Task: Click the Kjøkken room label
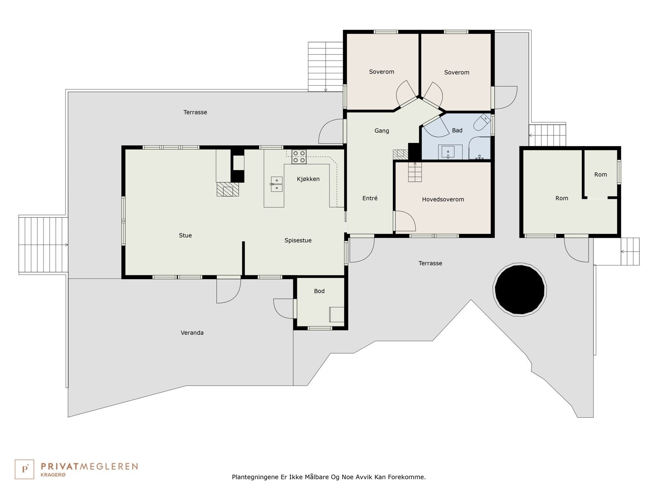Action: [x=308, y=179]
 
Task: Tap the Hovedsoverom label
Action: [x=443, y=200]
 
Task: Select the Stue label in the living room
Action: [x=185, y=235]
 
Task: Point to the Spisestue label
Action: [x=298, y=240]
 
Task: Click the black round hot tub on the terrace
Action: [x=519, y=289]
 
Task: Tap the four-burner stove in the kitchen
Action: [x=299, y=156]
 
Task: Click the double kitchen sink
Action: [x=276, y=184]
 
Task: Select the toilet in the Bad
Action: [x=482, y=122]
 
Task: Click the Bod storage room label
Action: [x=319, y=291]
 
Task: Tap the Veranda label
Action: [x=192, y=333]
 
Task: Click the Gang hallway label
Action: [x=382, y=131]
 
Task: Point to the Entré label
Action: [x=370, y=198]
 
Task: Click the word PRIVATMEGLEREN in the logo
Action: [x=89, y=466]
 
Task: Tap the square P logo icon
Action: [x=24, y=469]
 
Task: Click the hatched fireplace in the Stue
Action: [x=228, y=189]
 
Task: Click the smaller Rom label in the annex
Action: [x=600, y=175]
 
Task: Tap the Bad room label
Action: [x=457, y=130]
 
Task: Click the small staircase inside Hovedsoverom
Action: [x=415, y=172]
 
